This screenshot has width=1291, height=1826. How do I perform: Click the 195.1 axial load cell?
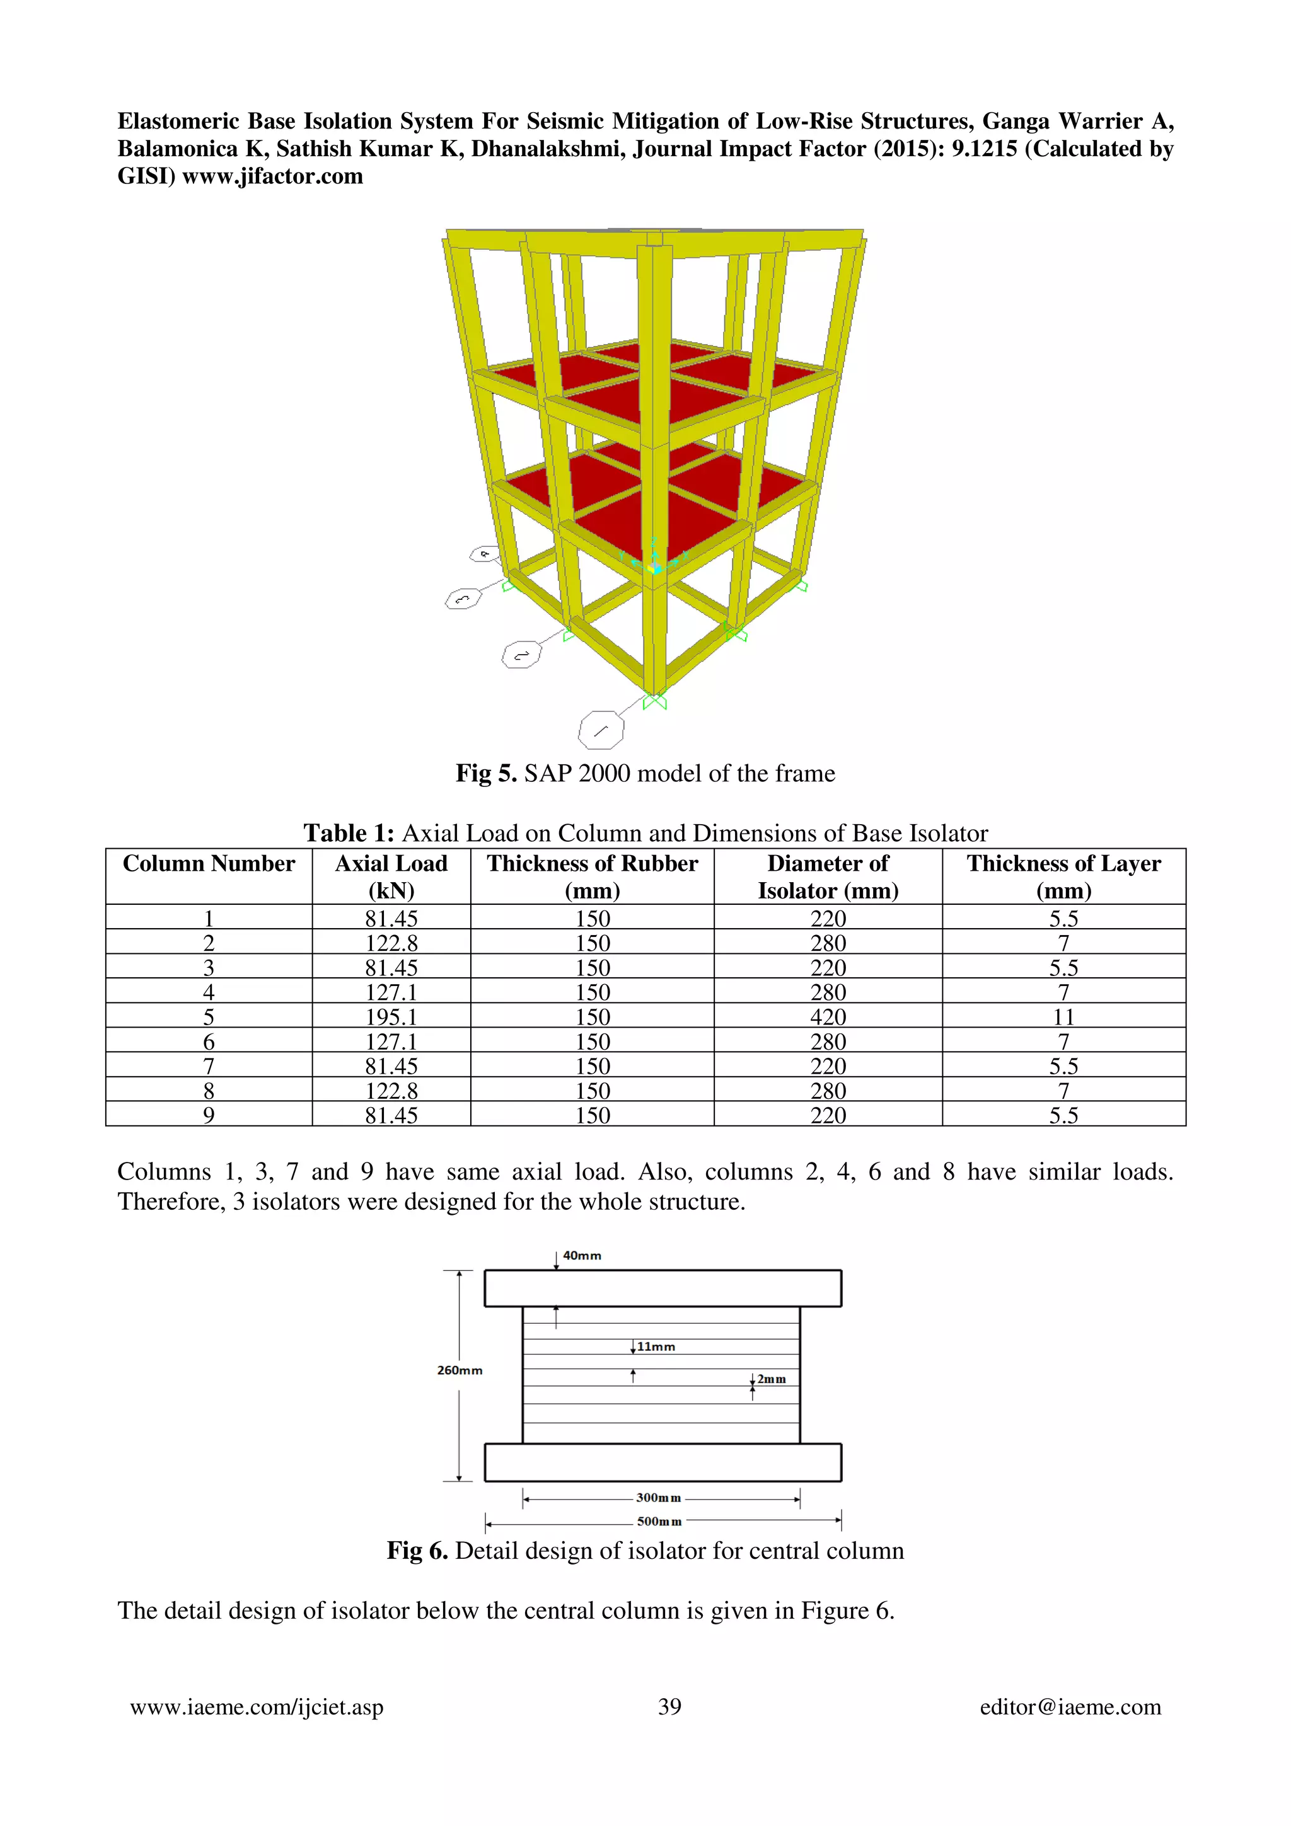point(391,1016)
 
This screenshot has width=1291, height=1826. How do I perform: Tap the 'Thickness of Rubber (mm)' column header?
point(592,876)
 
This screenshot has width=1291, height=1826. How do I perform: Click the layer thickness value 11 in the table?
point(1063,1016)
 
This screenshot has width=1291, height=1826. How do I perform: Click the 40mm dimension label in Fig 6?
point(582,1256)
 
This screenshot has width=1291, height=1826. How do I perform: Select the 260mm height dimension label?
point(460,1370)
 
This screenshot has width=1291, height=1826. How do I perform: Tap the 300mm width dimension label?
point(659,1498)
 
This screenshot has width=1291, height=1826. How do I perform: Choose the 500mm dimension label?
point(659,1522)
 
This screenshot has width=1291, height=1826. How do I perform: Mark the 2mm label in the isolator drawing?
point(772,1379)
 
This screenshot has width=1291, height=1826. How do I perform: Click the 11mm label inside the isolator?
point(656,1347)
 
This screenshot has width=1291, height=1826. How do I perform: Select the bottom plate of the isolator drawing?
point(663,1462)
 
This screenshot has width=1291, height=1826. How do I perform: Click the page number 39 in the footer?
point(669,1707)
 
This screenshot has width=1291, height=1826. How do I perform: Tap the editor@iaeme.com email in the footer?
point(1070,1707)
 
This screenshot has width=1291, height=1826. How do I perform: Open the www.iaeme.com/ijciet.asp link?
point(257,1707)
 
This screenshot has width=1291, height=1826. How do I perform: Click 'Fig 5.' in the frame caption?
point(486,773)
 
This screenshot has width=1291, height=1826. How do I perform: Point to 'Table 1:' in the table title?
point(349,833)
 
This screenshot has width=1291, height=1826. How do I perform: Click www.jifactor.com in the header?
point(273,176)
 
